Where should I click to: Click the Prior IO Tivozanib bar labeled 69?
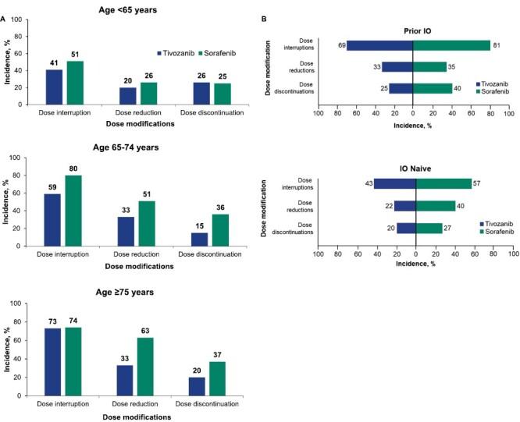click(379, 45)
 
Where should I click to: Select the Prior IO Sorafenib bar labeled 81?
click(451, 45)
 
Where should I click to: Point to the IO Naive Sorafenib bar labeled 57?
click(443, 183)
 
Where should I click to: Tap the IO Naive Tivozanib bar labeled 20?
click(406, 228)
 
